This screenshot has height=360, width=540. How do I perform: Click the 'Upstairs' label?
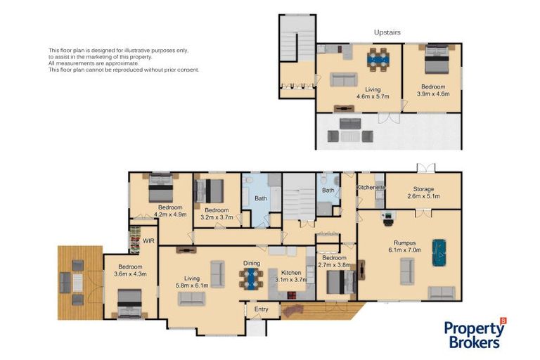tap(387, 32)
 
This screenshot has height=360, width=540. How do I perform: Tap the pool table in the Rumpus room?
tap(439, 253)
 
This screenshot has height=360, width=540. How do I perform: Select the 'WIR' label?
tap(148, 240)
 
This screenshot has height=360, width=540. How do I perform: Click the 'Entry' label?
tap(261, 309)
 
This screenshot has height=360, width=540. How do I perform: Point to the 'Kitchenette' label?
tap(371, 188)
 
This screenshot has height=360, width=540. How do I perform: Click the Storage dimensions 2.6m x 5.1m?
tap(423, 196)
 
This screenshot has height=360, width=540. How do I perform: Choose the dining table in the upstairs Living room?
tap(378, 60)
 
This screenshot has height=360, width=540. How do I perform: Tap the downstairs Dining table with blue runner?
tap(252, 278)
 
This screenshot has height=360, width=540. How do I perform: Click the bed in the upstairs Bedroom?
tap(437, 59)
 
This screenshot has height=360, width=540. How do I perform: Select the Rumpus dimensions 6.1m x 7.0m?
tap(405, 250)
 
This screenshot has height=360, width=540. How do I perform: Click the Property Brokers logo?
tap(475, 333)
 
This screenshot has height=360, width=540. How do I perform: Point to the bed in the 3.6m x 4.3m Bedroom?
tap(129, 303)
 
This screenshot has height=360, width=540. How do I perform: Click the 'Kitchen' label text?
tap(291, 273)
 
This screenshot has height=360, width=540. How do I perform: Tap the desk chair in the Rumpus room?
tap(388, 223)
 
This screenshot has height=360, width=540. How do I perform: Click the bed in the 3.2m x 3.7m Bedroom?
tap(209, 191)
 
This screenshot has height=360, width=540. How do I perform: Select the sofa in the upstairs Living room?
tap(343, 79)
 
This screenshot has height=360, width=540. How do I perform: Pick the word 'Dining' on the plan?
tap(252, 263)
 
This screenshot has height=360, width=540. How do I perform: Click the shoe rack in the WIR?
tap(135, 240)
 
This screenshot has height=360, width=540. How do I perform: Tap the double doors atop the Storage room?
tap(426, 168)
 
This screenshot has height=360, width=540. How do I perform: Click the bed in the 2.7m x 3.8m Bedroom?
tap(341, 282)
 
